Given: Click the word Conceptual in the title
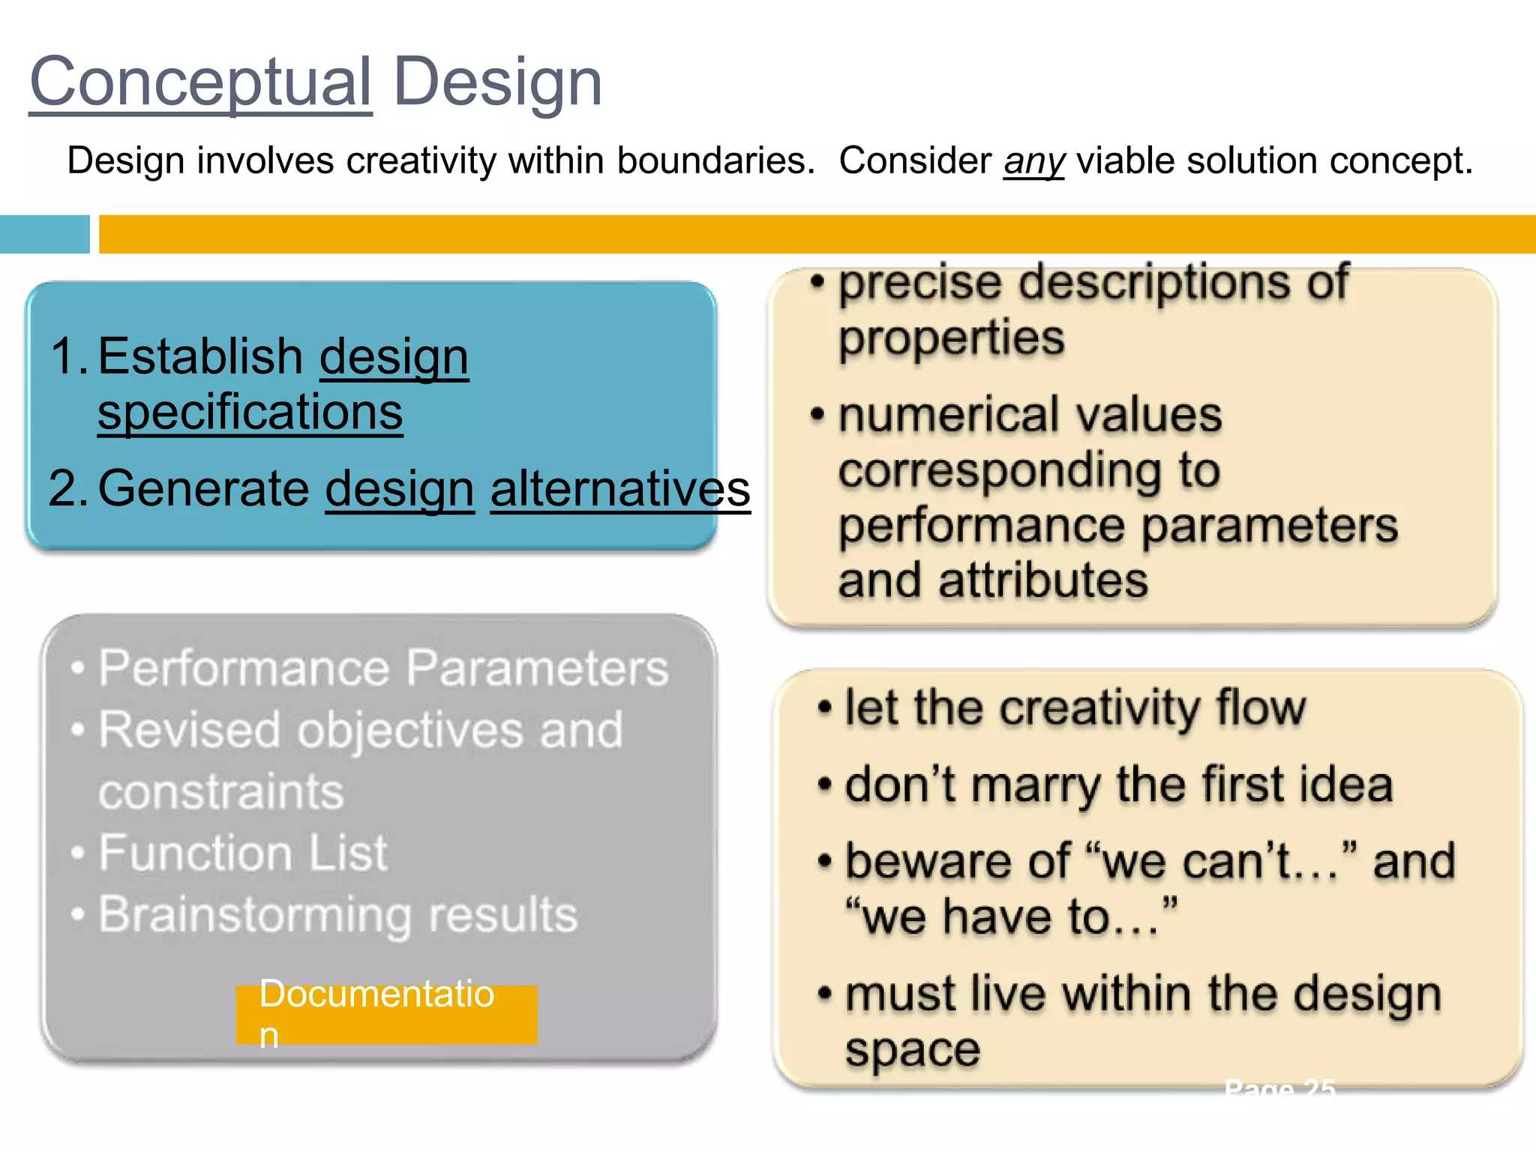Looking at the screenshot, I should click(x=200, y=82).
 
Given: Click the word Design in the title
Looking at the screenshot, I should click(x=497, y=82).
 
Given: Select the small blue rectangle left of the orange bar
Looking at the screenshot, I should click(x=44, y=234).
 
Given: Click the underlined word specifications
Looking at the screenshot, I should click(x=250, y=412).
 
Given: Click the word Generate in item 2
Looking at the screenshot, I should click(x=203, y=488).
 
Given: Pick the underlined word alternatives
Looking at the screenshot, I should click(x=620, y=488).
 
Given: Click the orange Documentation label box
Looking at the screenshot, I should click(x=386, y=1014).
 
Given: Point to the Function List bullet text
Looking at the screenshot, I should click(x=243, y=853).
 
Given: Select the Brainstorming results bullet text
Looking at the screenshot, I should click(x=337, y=915).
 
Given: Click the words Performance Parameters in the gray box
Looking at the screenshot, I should click(x=383, y=667).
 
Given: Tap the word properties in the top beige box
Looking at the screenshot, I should click(x=951, y=338).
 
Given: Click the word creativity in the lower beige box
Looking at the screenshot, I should click(x=1100, y=708).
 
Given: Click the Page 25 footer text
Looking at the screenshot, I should click(x=1279, y=1089).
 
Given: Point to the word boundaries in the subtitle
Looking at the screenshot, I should click(x=715, y=160).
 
